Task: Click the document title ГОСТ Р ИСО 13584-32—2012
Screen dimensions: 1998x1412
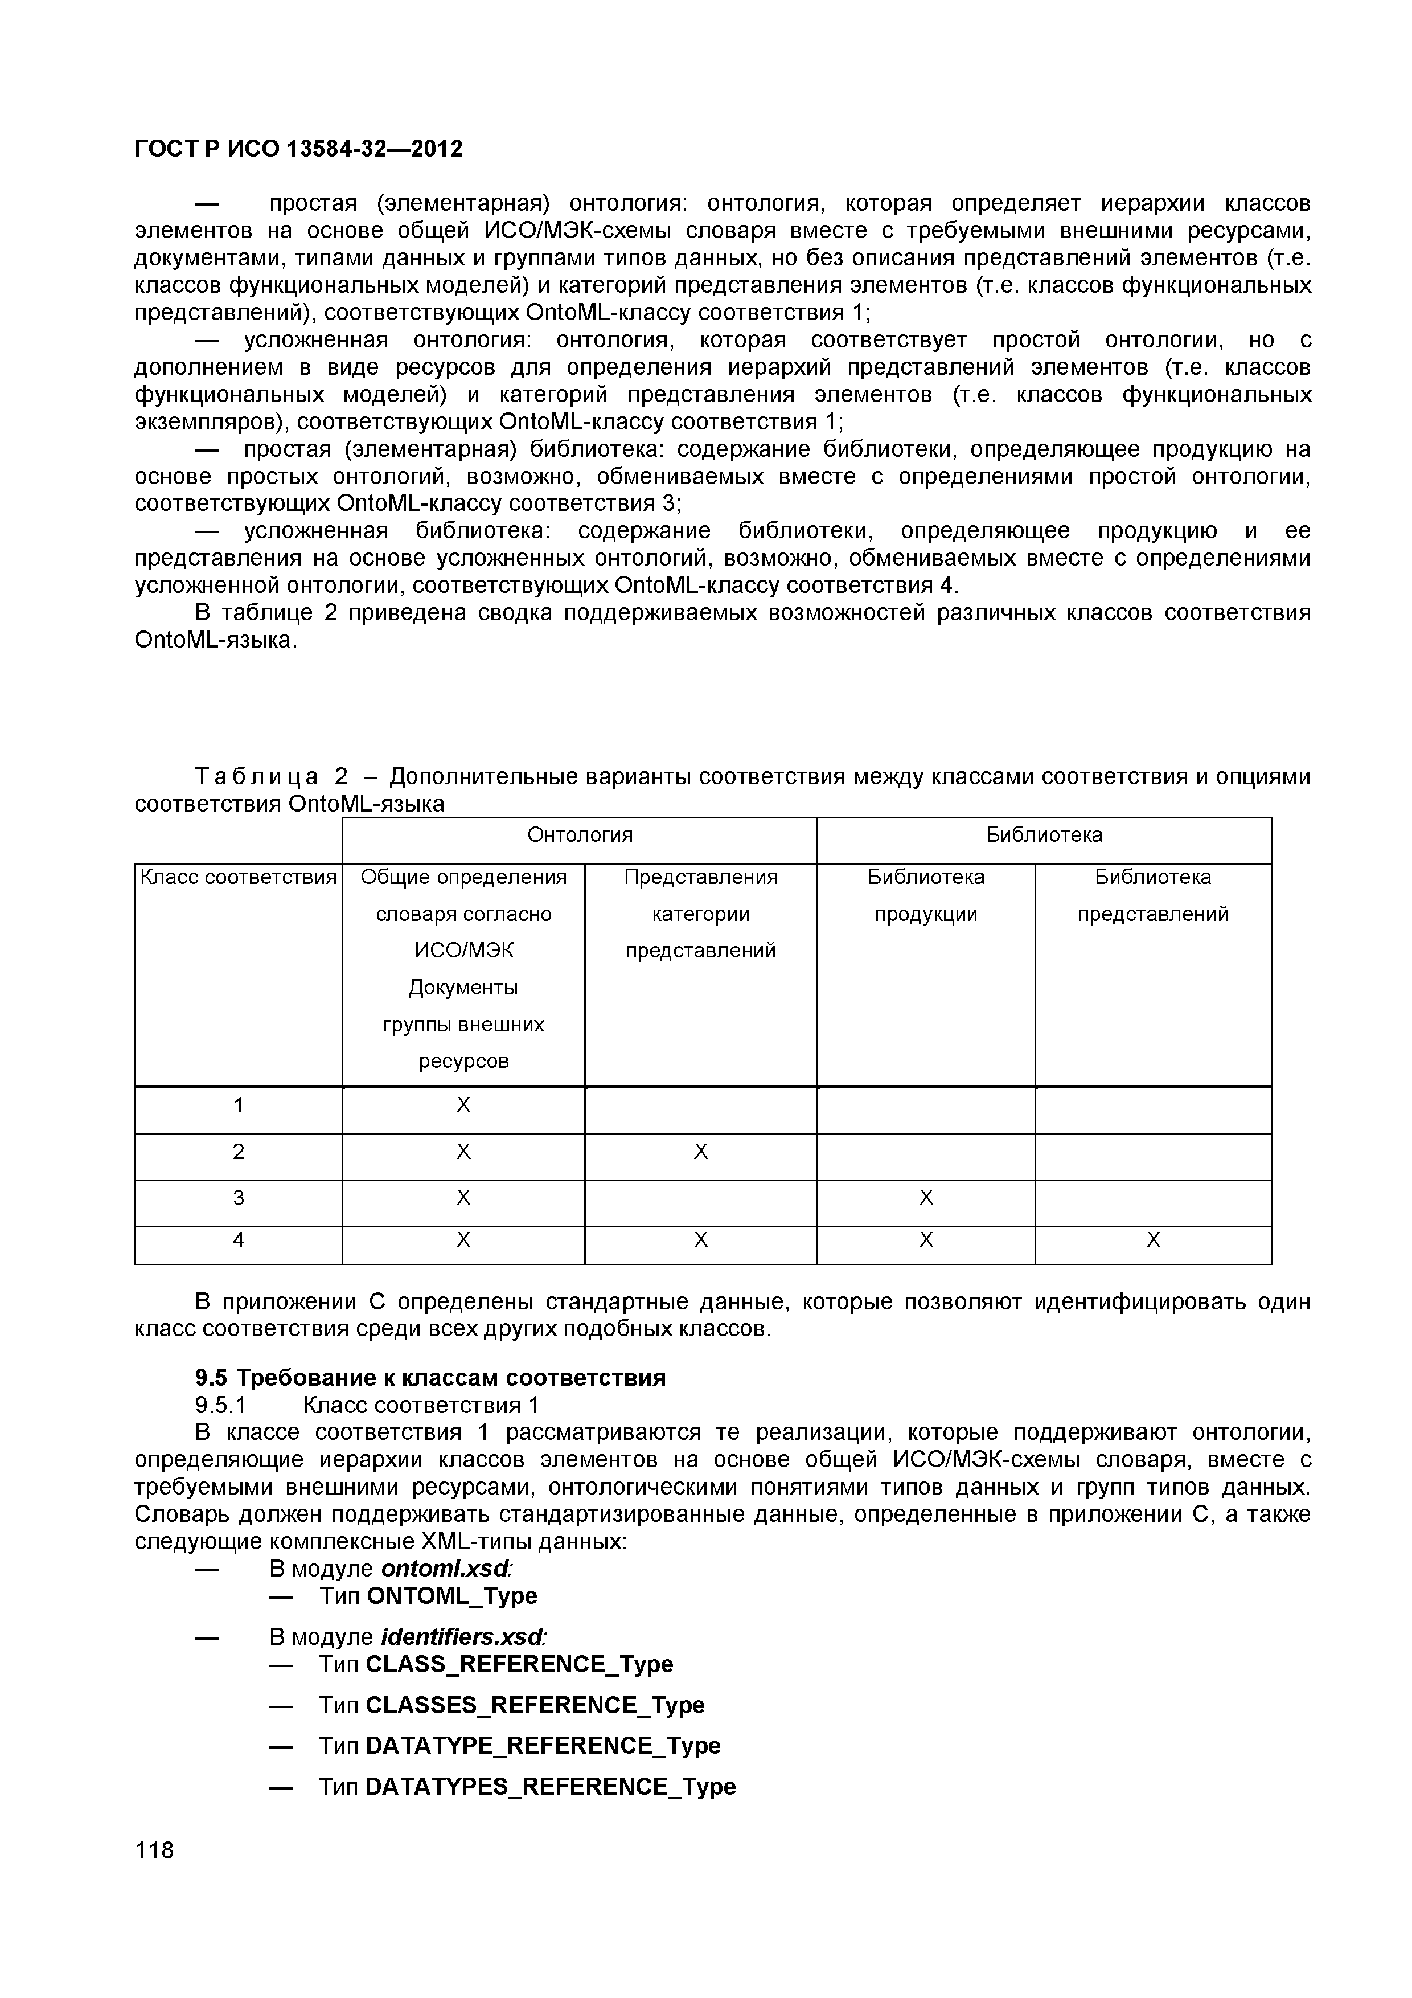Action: (298, 149)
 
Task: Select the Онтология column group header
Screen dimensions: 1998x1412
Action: (580, 836)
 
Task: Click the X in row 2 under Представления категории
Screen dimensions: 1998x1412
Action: (700, 1152)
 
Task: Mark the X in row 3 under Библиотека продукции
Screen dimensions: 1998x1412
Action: (926, 1199)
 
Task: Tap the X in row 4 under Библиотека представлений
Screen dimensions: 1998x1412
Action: (1153, 1240)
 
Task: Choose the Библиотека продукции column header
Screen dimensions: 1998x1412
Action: (926, 895)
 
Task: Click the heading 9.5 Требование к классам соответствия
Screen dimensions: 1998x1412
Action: (430, 1378)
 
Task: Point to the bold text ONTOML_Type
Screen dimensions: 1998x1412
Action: (451, 1596)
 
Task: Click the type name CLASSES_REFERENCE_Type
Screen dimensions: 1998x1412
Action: (534, 1705)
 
